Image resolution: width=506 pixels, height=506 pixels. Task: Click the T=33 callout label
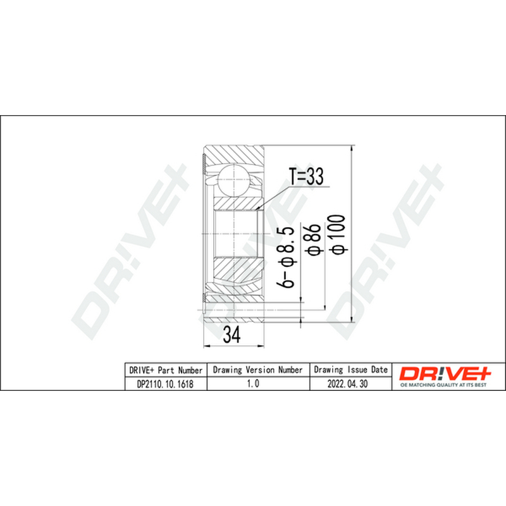tap(306, 176)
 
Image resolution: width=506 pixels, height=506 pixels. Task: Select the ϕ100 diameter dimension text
tap(339, 234)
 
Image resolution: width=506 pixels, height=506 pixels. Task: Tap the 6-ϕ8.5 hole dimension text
tap(287, 257)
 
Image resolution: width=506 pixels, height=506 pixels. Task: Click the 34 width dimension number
tap(232, 335)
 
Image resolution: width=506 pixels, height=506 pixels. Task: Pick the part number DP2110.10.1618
tap(165, 384)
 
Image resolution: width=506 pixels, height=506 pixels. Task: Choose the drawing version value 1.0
tap(253, 383)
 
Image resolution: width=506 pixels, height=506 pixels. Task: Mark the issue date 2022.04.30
tap(347, 384)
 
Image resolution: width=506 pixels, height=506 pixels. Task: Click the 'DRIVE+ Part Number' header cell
tap(166, 370)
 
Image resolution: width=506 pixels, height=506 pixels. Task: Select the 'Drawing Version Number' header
tap(258, 370)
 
